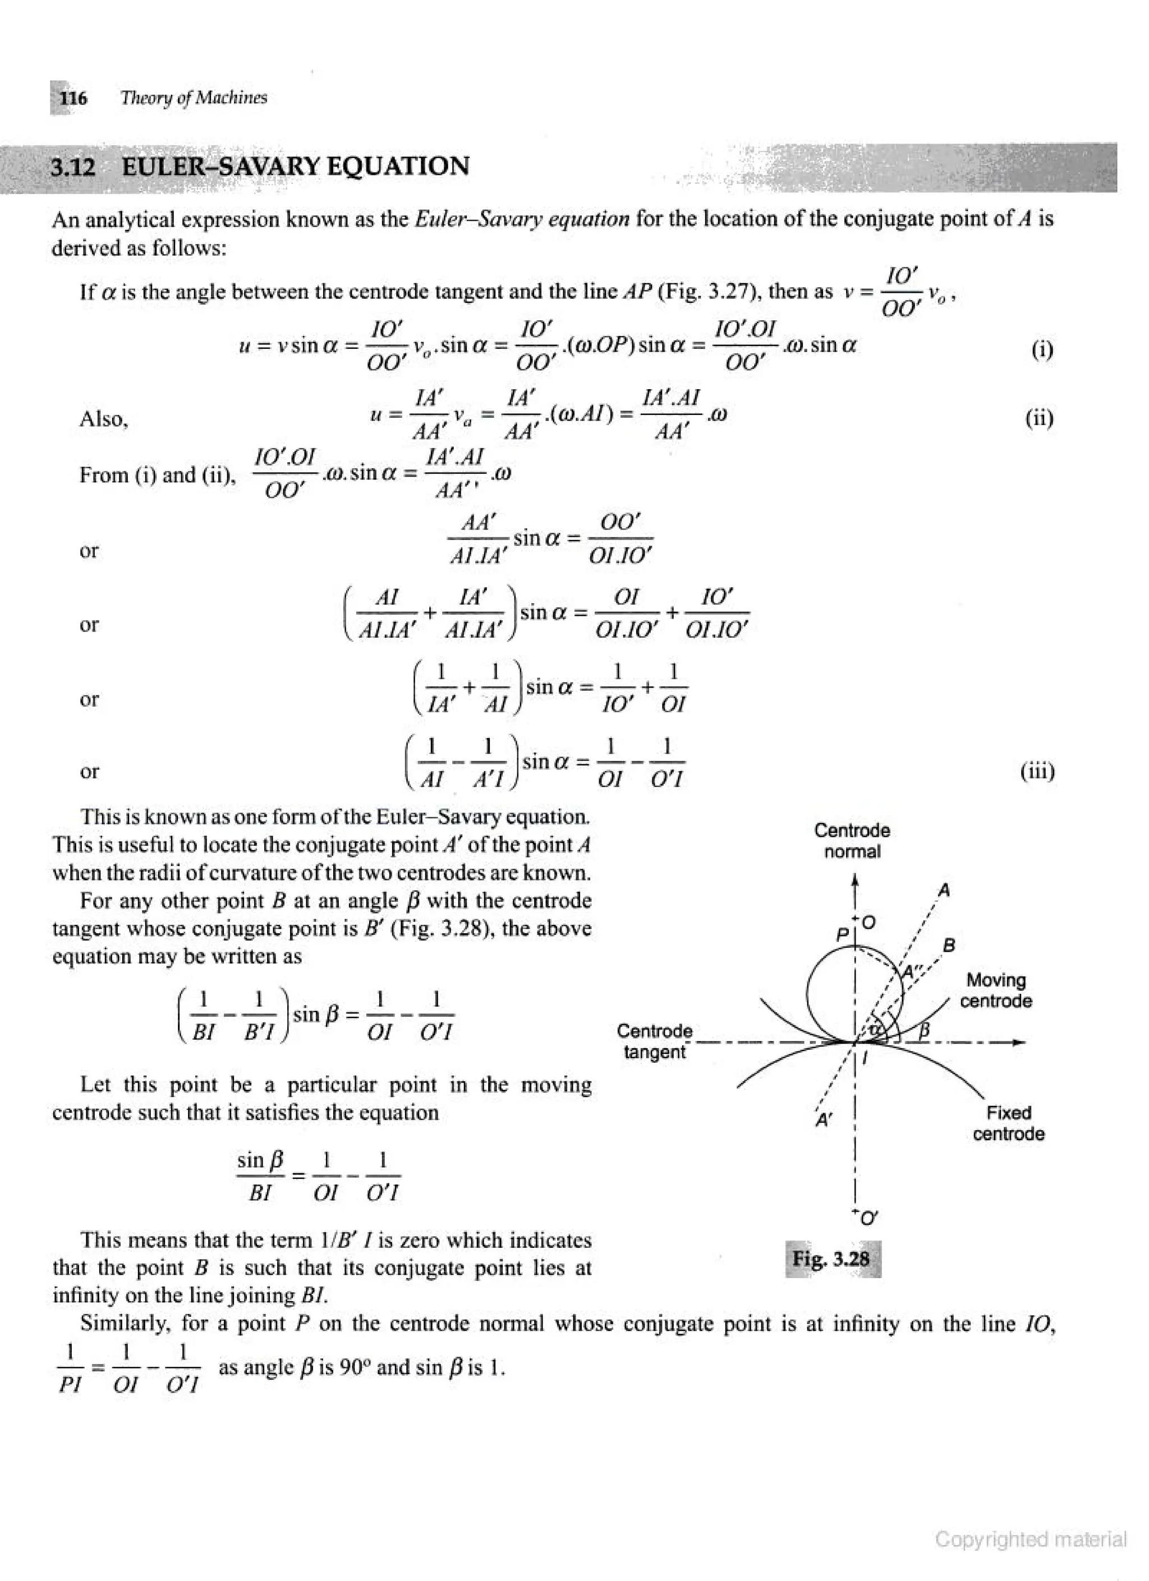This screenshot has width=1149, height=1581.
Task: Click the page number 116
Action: pos(73,98)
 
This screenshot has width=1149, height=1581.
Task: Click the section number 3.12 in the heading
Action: pos(73,167)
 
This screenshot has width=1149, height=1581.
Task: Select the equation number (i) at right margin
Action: pos(1042,349)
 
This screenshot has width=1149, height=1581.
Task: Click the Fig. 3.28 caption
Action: pos(831,1259)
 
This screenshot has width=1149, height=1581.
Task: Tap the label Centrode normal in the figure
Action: pos(852,841)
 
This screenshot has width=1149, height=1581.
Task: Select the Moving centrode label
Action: pos(996,990)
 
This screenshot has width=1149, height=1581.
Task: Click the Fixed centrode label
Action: pos(1008,1123)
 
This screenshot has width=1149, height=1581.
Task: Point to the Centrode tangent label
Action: pos(655,1041)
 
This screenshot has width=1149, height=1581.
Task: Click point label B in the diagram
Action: pos(949,946)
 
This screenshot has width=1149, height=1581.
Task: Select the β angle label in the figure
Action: pos(925,1029)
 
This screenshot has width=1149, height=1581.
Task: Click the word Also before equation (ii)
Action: pos(103,419)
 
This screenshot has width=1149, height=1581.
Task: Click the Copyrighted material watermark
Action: pos(1031,1539)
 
